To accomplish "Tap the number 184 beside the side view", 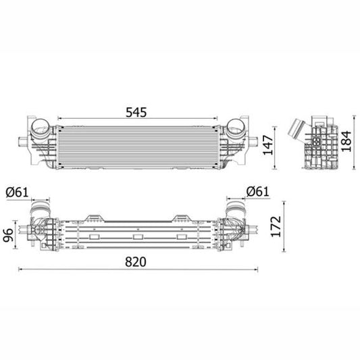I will click(348, 143).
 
